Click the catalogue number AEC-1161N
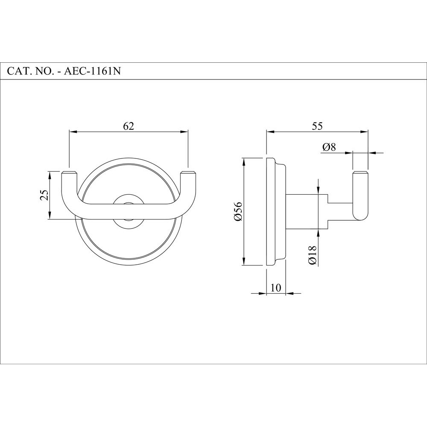[92, 71]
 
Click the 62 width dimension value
[129, 126]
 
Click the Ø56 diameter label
[238, 211]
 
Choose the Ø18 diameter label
[311, 256]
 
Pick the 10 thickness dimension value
[276, 287]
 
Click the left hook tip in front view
[69, 175]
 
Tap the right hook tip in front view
[188, 175]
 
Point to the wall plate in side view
[271, 211]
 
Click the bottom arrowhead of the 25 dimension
[50, 217]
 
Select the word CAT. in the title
[18, 71]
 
